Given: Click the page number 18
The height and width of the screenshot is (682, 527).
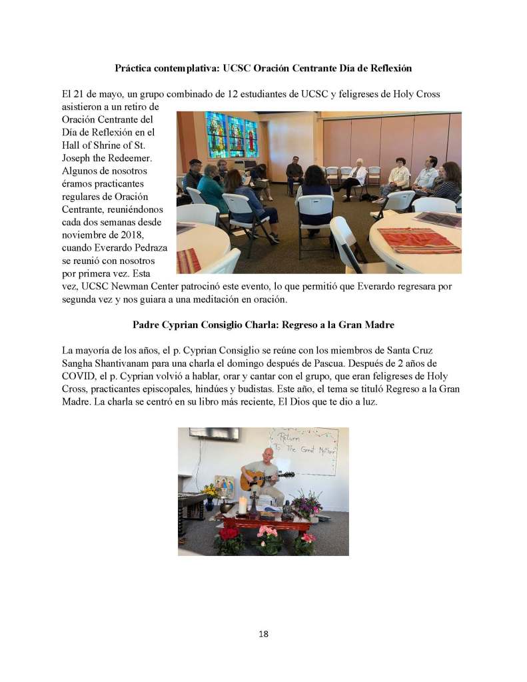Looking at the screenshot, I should tap(263, 633).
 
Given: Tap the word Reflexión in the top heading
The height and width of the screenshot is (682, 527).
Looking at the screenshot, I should tap(388, 68).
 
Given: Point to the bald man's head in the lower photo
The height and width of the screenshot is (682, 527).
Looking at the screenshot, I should tap(267, 455).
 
